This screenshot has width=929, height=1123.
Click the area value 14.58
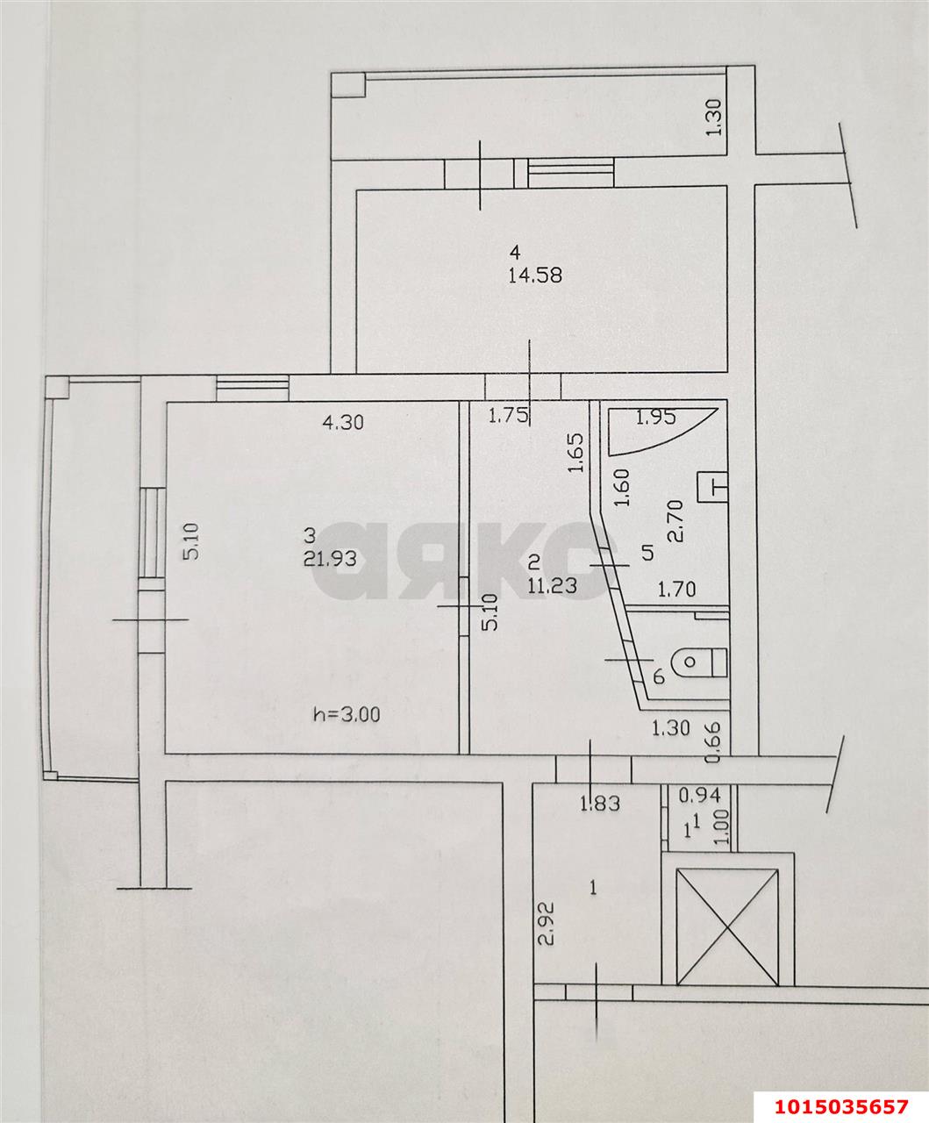pyautogui.click(x=535, y=275)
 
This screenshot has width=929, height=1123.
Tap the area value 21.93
pyautogui.click(x=330, y=559)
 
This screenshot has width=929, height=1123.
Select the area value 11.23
pyautogui.click(x=553, y=585)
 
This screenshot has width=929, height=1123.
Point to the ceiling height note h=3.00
pyautogui.click(x=347, y=714)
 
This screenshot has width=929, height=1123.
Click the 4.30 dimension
pyautogui.click(x=343, y=422)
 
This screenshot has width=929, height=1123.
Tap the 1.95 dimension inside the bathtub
pyautogui.click(x=655, y=418)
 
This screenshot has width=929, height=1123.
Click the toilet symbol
pyautogui.click(x=699, y=662)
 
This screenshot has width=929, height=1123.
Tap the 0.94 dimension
pyautogui.click(x=699, y=796)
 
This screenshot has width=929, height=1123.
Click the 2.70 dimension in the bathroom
pyautogui.click(x=675, y=520)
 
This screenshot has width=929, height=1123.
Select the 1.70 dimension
pyautogui.click(x=677, y=590)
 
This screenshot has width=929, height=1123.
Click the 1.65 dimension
pyautogui.click(x=576, y=453)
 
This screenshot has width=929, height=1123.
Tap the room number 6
pyautogui.click(x=659, y=676)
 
